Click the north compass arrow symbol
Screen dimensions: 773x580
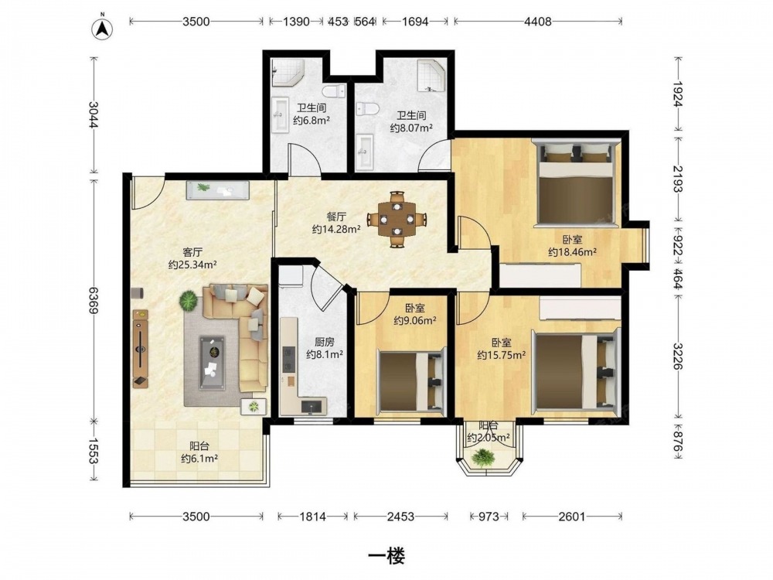103,28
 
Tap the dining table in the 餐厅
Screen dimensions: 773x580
397,220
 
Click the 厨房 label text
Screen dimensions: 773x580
325,341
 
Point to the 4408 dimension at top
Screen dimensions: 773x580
538,21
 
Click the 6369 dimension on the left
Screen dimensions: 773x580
94,299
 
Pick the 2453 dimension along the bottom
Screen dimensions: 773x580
400,517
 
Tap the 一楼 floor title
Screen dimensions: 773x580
387,556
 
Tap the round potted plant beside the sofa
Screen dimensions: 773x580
188,300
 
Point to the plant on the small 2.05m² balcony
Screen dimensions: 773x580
482,458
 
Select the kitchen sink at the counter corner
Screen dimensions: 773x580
312,406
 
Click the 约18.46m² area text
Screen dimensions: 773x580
572,252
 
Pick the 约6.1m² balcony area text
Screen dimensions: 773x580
199,459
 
